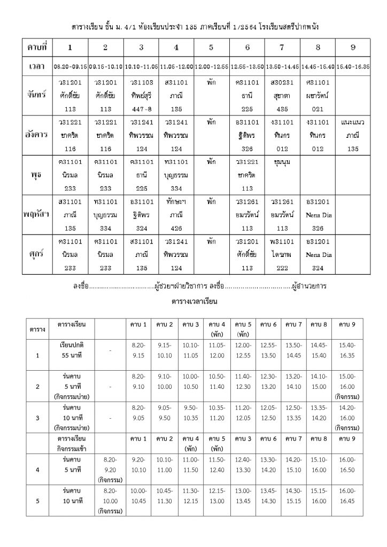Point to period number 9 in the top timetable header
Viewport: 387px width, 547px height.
[x=353, y=48]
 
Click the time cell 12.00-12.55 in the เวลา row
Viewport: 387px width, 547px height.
[x=212, y=68]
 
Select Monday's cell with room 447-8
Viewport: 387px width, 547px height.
[x=141, y=95]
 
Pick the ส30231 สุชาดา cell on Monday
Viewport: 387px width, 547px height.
[x=282, y=95]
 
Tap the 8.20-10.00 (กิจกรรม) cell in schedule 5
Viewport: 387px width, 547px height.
[x=112, y=501]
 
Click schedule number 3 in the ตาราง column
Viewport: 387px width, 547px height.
[x=37, y=418]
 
